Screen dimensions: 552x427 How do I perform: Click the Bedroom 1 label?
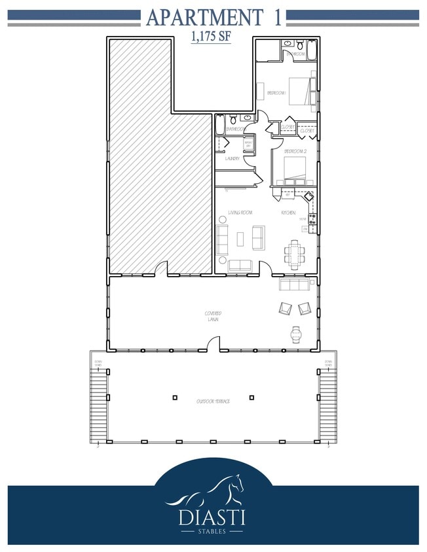[x=276, y=94]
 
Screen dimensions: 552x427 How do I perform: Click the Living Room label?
[x=240, y=213]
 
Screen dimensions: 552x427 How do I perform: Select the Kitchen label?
[x=288, y=213]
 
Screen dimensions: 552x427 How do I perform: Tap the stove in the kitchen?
[x=312, y=218]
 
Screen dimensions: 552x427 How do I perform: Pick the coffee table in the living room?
[x=240, y=239]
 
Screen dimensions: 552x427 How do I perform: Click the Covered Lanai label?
[x=212, y=317]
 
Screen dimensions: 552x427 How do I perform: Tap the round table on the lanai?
[x=295, y=334]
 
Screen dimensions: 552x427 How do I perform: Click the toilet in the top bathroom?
[x=299, y=46]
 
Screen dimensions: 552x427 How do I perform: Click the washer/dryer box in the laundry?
[x=249, y=143]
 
